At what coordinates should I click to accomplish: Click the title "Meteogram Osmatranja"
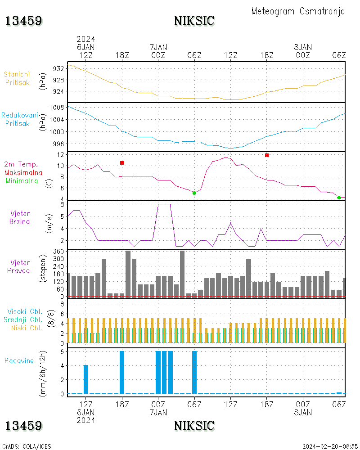(x=298, y=12)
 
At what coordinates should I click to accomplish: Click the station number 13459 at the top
(x=23, y=21)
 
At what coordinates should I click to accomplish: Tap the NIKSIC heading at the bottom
(x=194, y=426)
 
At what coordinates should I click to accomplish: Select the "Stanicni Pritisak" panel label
(x=17, y=78)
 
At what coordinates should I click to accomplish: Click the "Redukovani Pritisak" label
(x=19, y=119)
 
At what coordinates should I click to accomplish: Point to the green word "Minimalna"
(x=22, y=181)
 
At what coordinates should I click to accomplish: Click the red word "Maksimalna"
(x=23, y=173)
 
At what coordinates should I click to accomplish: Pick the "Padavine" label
(x=19, y=361)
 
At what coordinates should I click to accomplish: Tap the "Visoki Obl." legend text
(x=25, y=312)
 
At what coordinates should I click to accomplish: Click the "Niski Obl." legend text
(x=27, y=328)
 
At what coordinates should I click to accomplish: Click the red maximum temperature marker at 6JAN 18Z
(x=122, y=163)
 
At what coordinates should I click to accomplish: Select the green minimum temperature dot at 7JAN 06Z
(x=194, y=193)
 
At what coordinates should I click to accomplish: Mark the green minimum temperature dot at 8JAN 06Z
(x=339, y=198)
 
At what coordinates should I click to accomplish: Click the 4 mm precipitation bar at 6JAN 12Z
(x=86, y=379)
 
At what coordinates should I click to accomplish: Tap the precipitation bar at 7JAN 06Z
(x=194, y=373)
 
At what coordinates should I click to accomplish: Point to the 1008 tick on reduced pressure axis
(x=57, y=108)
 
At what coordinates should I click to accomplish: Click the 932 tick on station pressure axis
(x=58, y=69)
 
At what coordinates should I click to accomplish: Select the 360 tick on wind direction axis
(x=58, y=252)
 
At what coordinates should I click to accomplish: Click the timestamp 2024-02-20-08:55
(x=330, y=446)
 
